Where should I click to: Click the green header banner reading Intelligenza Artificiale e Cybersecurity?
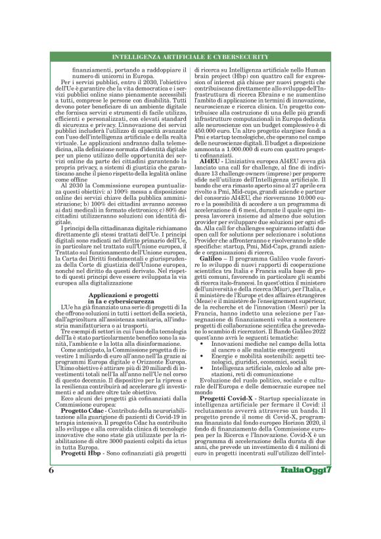[x=190, y=57]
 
